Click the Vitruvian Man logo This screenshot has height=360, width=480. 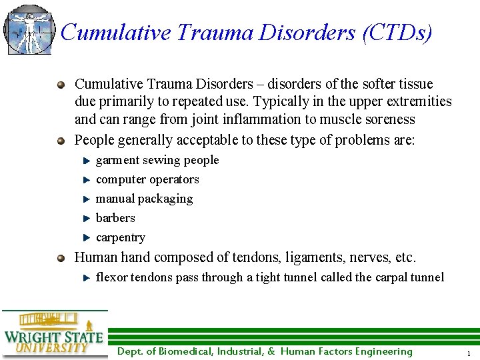[28, 29]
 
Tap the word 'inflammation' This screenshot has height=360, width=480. [245, 120]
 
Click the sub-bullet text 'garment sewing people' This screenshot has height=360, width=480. [157, 160]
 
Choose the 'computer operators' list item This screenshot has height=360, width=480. [147, 179]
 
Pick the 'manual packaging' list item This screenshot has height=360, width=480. [144, 199]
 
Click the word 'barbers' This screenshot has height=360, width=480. [115, 218]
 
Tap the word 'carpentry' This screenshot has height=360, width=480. [121, 237]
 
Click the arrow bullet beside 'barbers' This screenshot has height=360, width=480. [85, 218]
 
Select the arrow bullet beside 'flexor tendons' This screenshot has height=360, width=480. [85, 277]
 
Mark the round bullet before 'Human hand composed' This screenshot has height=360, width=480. [62, 257]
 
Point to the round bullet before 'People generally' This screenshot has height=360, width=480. [62, 141]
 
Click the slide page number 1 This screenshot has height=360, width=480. [469, 353]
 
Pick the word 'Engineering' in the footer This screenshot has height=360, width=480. [383, 352]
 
